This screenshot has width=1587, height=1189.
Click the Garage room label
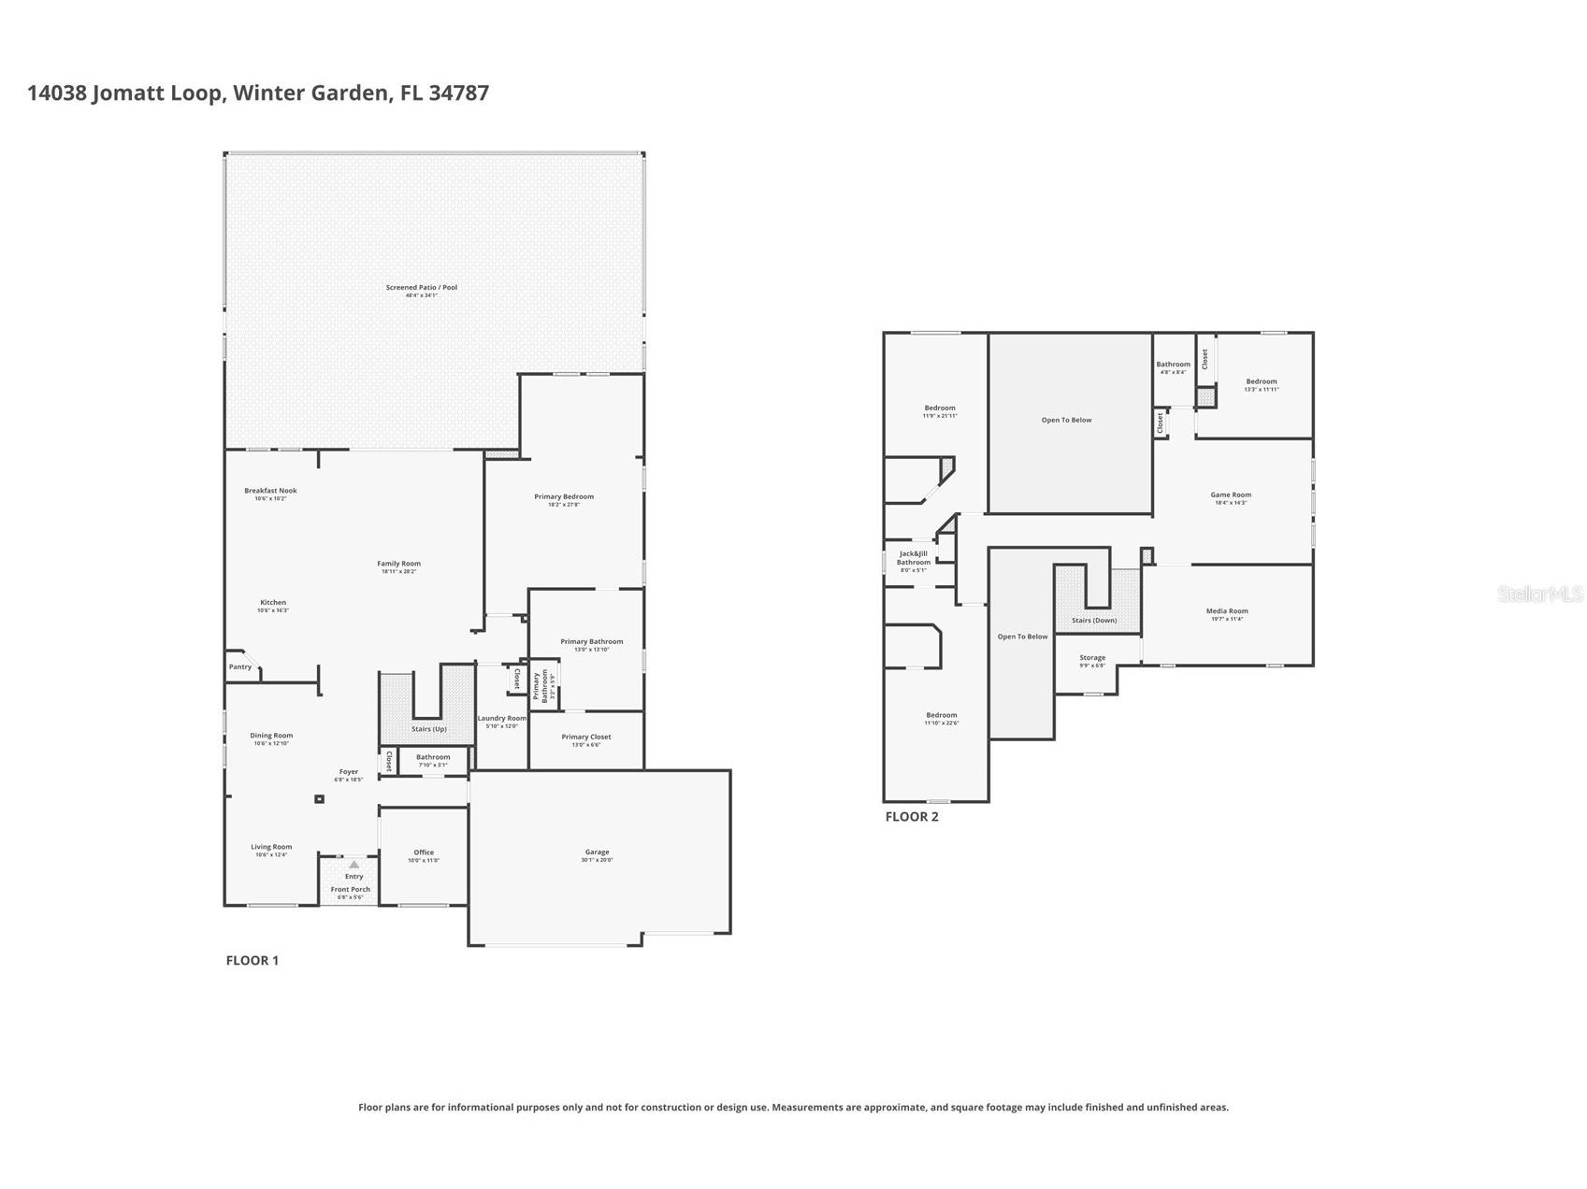point(597,852)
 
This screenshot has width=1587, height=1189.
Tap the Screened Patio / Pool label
point(422,288)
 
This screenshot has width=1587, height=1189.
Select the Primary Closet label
point(586,738)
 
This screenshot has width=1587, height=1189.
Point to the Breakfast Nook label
point(270,491)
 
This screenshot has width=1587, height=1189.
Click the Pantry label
point(240,666)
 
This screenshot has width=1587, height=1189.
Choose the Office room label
point(424,852)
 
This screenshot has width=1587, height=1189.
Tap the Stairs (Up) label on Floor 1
point(429,729)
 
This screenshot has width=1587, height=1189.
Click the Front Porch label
point(351,890)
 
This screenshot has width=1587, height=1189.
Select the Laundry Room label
point(502,719)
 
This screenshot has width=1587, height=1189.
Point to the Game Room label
point(1231,495)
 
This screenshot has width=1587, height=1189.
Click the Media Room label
point(1227,611)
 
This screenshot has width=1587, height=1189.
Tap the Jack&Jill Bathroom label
point(914,558)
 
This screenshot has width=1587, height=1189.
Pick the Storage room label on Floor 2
point(1092,658)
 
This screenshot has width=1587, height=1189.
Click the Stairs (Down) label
point(1094,621)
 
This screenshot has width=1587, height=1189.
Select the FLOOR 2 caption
point(912,816)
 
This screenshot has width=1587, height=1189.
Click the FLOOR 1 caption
point(252,960)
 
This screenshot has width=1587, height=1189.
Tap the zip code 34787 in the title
point(458,93)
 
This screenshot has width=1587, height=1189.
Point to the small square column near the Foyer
point(319,799)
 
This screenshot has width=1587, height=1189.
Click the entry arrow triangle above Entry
point(353,865)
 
